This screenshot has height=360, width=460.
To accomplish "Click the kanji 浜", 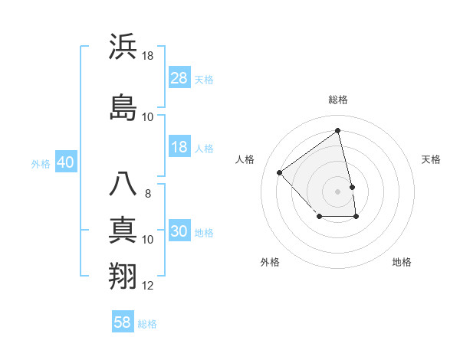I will (123, 47).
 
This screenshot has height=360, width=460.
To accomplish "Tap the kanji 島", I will (123, 106).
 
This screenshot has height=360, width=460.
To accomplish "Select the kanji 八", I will (123, 185).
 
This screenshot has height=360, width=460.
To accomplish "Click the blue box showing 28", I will (179, 77).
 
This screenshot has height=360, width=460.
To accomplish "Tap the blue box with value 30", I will (179, 232).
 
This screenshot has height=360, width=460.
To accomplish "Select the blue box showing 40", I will (65, 162).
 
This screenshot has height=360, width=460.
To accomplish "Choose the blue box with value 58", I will (123, 322).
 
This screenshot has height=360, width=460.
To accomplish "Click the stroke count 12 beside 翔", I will (148, 286).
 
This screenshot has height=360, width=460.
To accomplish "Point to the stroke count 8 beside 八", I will (148, 194).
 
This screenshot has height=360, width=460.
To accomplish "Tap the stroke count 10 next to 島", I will (148, 116).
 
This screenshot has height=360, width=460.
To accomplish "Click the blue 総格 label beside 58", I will (147, 324).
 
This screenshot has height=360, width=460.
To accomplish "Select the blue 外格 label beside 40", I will (41, 163).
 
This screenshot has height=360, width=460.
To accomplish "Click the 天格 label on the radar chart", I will (431, 159).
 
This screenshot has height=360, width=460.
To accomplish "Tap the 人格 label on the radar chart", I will (245, 159).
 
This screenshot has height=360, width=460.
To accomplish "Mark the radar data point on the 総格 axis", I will (338, 130).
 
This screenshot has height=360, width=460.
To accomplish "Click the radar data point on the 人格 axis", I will (280, 172).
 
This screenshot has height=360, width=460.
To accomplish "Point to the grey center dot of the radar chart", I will (338, 191).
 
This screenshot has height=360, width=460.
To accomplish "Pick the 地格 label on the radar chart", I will (402, 262).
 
